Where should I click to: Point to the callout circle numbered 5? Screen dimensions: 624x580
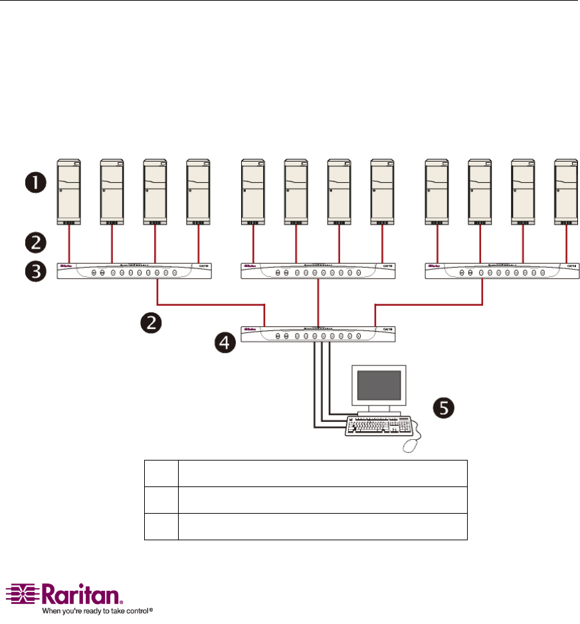pyautogui.click(x=446, y=407)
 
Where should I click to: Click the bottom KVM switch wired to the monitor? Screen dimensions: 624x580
pyautogui.click(x=318, y=336)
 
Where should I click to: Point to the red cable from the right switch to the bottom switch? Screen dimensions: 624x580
pyautogui.click(x=429, y=305)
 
